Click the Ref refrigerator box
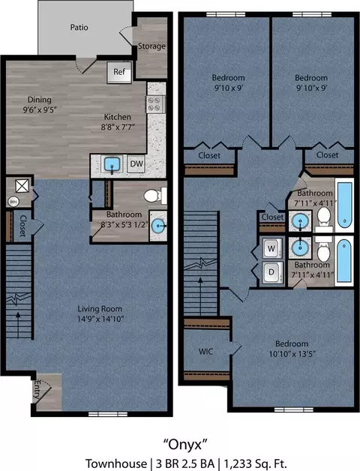pos(119,72)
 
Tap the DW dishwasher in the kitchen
pos(136,163)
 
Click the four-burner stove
pos(155,104)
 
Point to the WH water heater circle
pos(13,201)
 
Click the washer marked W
pos(271,248)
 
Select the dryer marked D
pos(271,272)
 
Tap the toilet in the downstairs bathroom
pos(154,196)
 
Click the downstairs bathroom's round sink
pos(158,226)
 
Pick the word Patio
pos(79,27)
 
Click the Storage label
pos(151,46)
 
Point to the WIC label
pos(205,351)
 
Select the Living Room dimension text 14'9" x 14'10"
pos(100,319)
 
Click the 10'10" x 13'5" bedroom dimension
pos(292,354)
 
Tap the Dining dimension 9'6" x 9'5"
pos(40,109)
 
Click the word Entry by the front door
pos(38,389)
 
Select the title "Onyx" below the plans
pos(185,444)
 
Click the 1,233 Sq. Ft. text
pos(255,463)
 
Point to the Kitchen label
pos(118,117)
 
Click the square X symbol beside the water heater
pos(22,186)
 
